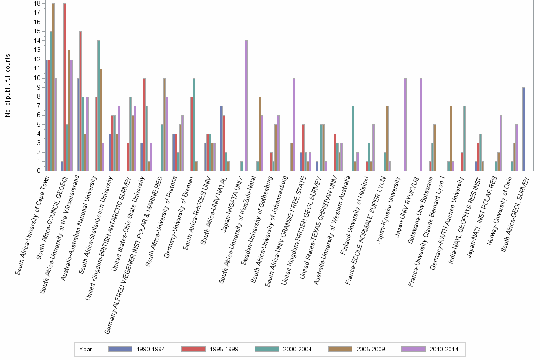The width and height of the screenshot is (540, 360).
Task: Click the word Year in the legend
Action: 86,349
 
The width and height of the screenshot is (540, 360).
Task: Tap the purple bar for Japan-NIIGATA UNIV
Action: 246,106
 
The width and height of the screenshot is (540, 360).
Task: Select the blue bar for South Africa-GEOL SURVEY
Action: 524,129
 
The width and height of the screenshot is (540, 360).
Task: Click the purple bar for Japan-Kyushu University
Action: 405,124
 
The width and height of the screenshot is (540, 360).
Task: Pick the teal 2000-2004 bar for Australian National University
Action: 99,106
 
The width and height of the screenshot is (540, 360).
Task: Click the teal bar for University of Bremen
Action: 194,124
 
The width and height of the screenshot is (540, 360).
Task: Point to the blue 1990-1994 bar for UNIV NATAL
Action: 221,139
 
